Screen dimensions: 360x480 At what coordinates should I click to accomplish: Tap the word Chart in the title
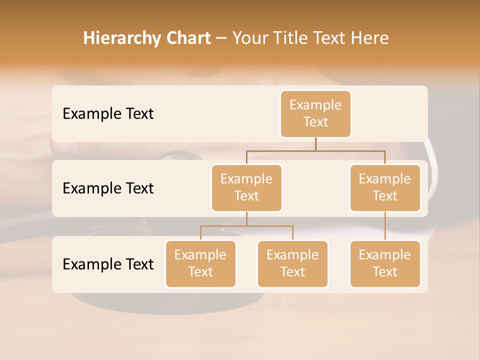coord(186,38)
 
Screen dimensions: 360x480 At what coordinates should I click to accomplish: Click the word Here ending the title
coord(369,38)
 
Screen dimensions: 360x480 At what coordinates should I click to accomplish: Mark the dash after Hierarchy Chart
coord(221,38)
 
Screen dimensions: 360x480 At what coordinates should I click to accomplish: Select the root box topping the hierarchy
coord(315,113)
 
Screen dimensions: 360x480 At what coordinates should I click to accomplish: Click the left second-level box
coord(246,187)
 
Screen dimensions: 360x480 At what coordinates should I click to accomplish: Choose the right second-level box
coord(384,187)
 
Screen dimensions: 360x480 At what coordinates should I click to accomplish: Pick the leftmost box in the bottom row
coord(200,263)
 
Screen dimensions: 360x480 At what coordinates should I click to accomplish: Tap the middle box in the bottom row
coord(292,263)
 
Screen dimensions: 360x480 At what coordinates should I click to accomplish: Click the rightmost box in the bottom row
coord(384,263)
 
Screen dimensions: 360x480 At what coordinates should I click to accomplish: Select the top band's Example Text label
coord(108,113)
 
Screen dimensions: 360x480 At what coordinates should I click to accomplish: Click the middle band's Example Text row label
coord(108,188)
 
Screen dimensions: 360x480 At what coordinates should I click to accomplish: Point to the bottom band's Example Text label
coord(108,264)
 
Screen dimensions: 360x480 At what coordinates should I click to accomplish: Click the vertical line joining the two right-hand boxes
coord(385,226)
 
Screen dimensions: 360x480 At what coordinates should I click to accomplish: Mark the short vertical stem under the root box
coord(315,144)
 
